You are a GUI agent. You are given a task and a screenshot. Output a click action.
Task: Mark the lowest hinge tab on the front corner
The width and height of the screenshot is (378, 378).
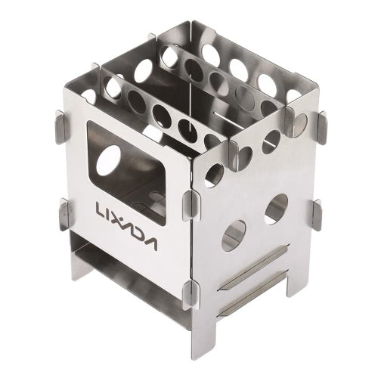pyautogui.click(x=191, y=292)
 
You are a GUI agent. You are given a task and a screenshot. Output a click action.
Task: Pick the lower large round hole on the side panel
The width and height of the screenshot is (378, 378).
pyautogui.click(x=235, y=234)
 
